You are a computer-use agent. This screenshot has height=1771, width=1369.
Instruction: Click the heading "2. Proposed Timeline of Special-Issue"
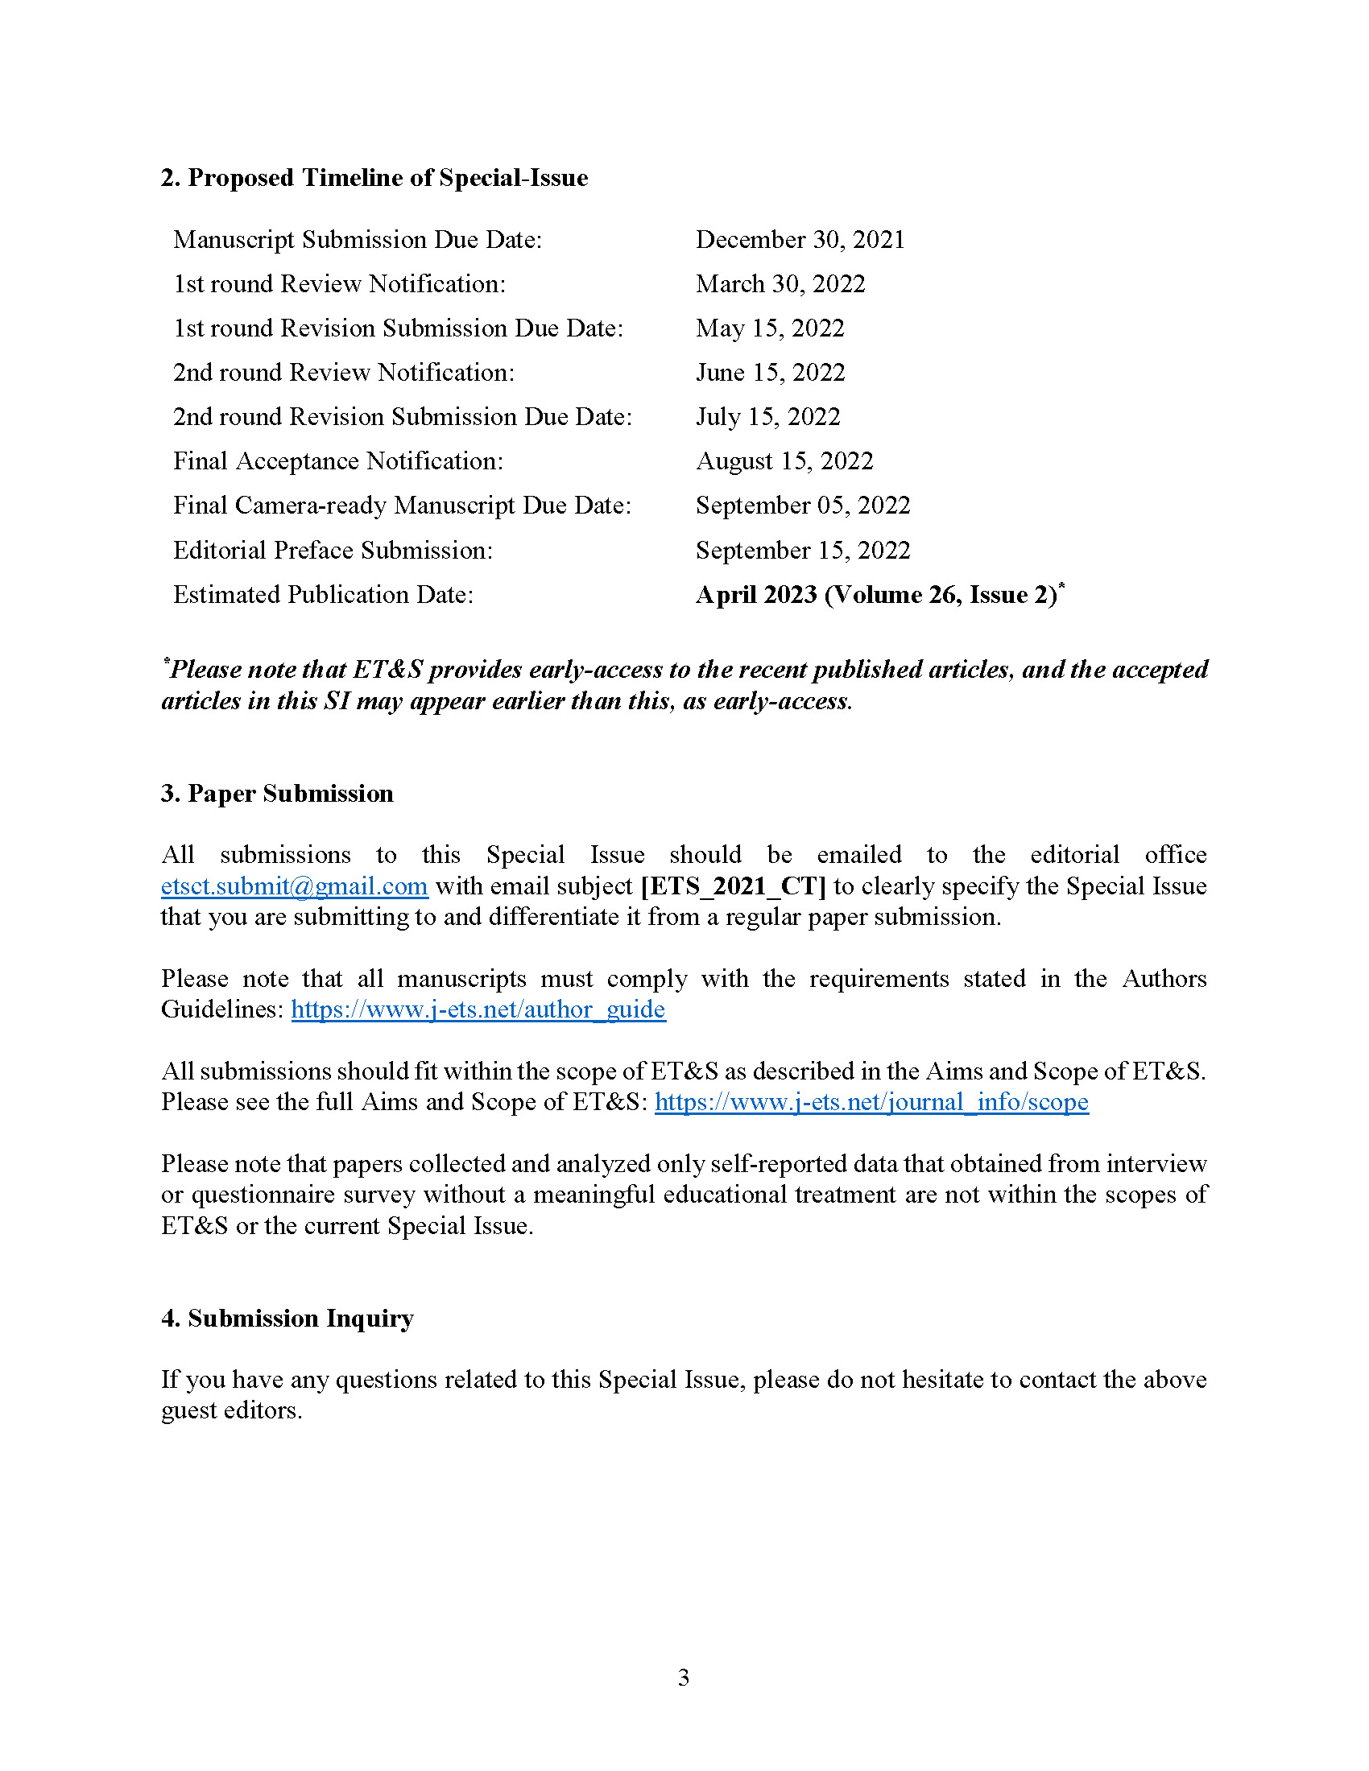[x=374, y=178]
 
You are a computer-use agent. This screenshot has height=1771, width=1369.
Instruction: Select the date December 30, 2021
[x=800, y=240]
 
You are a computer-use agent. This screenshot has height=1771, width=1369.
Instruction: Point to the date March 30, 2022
[x=780, y=284]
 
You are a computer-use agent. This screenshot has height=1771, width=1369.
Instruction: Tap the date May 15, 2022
[x=770, y=328]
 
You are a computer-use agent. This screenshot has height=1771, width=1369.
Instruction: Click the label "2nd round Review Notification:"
[x=344, y=372]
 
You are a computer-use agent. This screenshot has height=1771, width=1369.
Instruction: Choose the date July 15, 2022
[x=768, y=417]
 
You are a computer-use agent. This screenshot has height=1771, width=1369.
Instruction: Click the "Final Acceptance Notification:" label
[x=338, y=461]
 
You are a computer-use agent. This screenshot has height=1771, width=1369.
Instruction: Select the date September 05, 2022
[x=803, y=506]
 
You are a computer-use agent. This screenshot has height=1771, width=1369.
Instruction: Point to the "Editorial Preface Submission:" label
[x=333, y=551]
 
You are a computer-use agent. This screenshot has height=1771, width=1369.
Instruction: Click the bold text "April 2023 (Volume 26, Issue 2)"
[x=877, y=595]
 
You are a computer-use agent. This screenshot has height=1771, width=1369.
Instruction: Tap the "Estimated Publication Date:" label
[x=324, y=595]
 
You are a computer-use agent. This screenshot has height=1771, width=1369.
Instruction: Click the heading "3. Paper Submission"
[x=276, y=793]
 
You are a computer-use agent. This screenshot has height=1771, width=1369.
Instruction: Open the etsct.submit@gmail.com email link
[x=295, y=886]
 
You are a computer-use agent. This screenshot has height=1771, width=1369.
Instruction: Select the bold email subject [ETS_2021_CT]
[x=733, y=886]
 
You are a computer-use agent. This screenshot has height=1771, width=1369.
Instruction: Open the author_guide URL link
[x=478, y=1009]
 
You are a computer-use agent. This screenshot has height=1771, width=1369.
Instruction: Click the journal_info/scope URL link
[x=872, y=1102]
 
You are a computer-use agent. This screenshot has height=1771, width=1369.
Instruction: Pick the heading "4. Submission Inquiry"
[x=287, y=1318]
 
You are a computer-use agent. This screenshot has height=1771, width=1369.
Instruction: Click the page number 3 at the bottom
[x=684, y=1677]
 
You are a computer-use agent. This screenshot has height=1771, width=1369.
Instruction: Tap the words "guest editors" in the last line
[x=230, y=1410]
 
